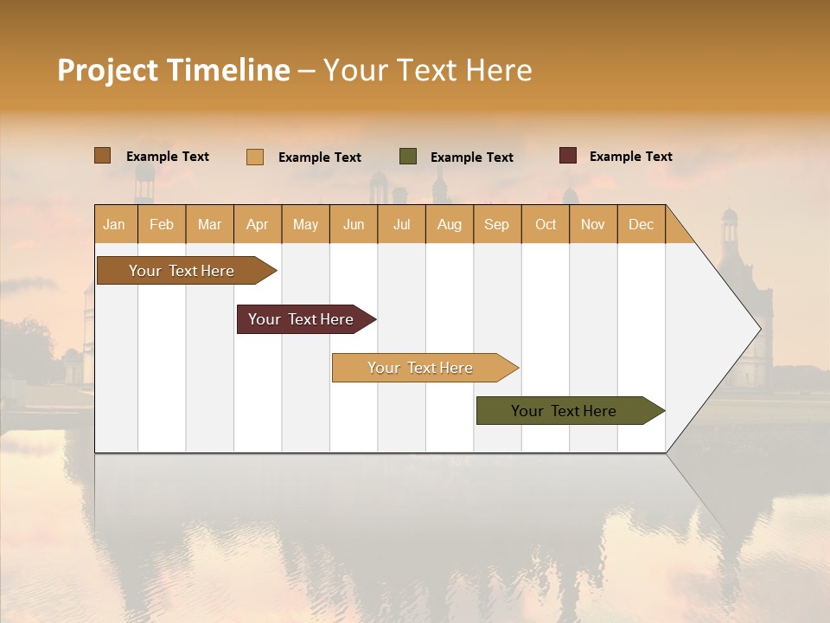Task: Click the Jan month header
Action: pyautogui.click(x=114, y=224)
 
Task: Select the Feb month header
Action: pyautogui.click(x=162, y=224)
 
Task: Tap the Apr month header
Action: pyautogui.click(x=257, y=224)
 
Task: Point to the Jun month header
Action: pyautogui.click(x=354, y=224)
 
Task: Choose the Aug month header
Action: pyautogui.click(x=449, y=224)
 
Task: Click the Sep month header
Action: pyautogui.click(x=496, y=224)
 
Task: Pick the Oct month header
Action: pyautogui.click(x=546, y=224)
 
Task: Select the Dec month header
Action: pyautogui.click(x=641, y=224)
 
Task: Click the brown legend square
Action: pyautogui.click(x=102, y=156)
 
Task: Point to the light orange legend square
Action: pyautogui.click(x=255, y=157)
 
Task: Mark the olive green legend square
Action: pyautogui.click(x=408, y=157)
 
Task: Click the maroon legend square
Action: pyautogui.click(x=567, y=156)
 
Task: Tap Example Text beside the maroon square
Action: pyautogui.click(x=630, y=157)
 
